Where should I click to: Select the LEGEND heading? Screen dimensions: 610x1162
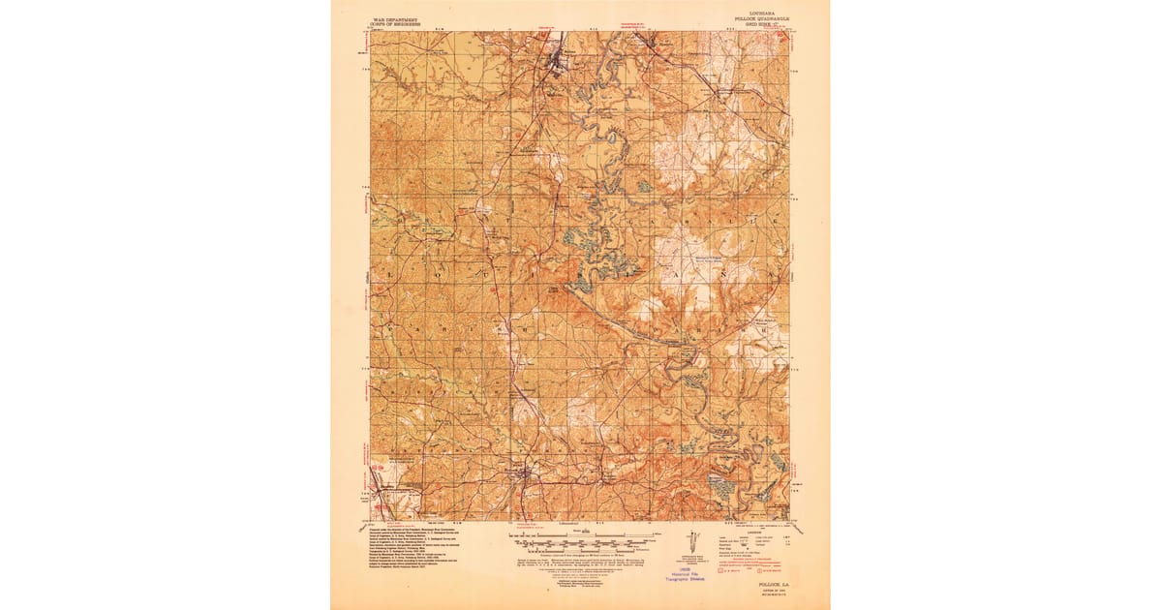756,532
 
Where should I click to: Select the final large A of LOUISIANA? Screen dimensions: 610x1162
773,275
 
